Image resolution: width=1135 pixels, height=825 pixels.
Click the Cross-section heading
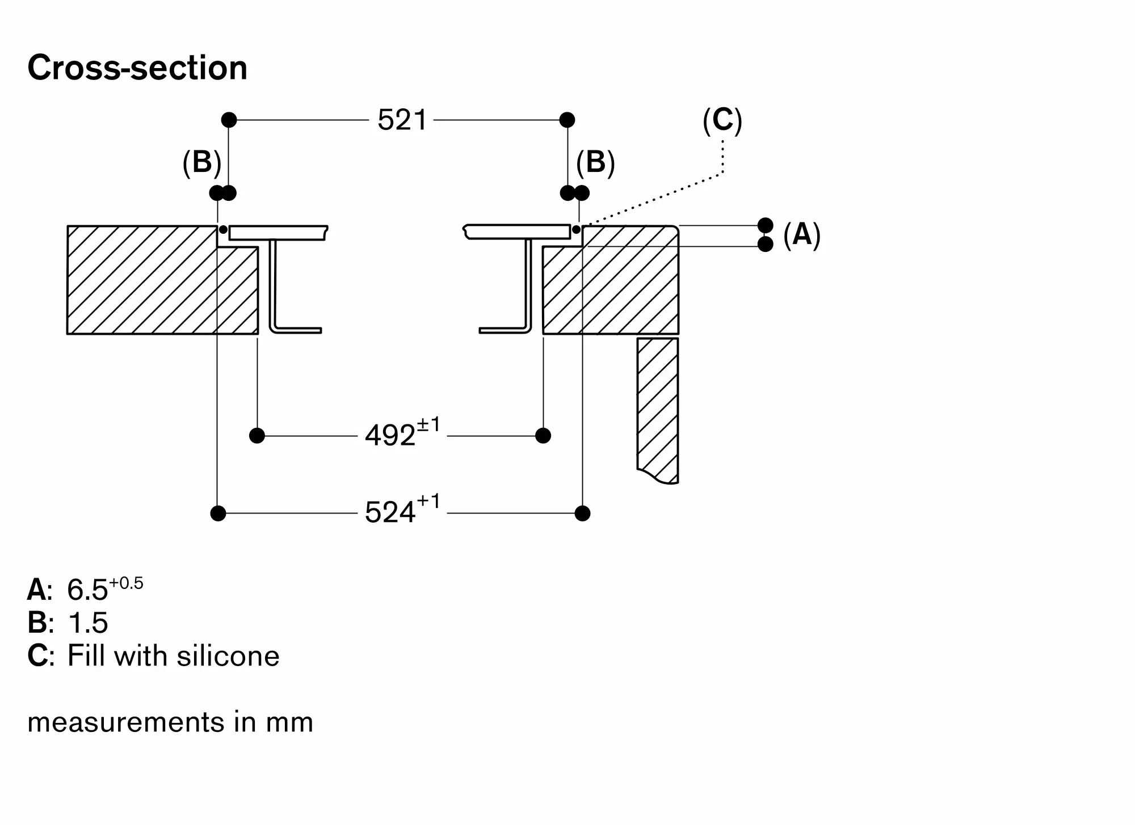pos(137,68)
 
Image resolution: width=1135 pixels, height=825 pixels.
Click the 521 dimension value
pos(402,120)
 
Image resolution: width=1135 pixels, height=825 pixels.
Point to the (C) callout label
pos(722,120)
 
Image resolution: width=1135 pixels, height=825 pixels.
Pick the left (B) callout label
pos(202,162)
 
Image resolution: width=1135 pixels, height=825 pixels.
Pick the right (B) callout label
pos(595,162)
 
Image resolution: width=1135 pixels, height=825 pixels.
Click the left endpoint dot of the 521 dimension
pos(229,120)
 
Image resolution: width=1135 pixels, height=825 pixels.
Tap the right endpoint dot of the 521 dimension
pos(567,120)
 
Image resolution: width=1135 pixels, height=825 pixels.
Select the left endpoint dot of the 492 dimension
pos(257,436)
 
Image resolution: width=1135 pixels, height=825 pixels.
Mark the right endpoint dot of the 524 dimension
pos(582,513)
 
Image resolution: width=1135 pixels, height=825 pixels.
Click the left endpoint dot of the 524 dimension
pos(218,513)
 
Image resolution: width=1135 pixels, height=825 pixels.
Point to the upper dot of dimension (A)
pos(766,225)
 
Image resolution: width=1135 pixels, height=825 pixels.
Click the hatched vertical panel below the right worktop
pos(658,409)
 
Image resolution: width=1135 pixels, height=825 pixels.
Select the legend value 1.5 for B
pos(87,623)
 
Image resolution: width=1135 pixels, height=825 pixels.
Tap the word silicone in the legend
pos(228,656)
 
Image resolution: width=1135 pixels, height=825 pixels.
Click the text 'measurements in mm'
pos(170,722)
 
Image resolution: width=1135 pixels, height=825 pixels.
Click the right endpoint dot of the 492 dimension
pos(543,436)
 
